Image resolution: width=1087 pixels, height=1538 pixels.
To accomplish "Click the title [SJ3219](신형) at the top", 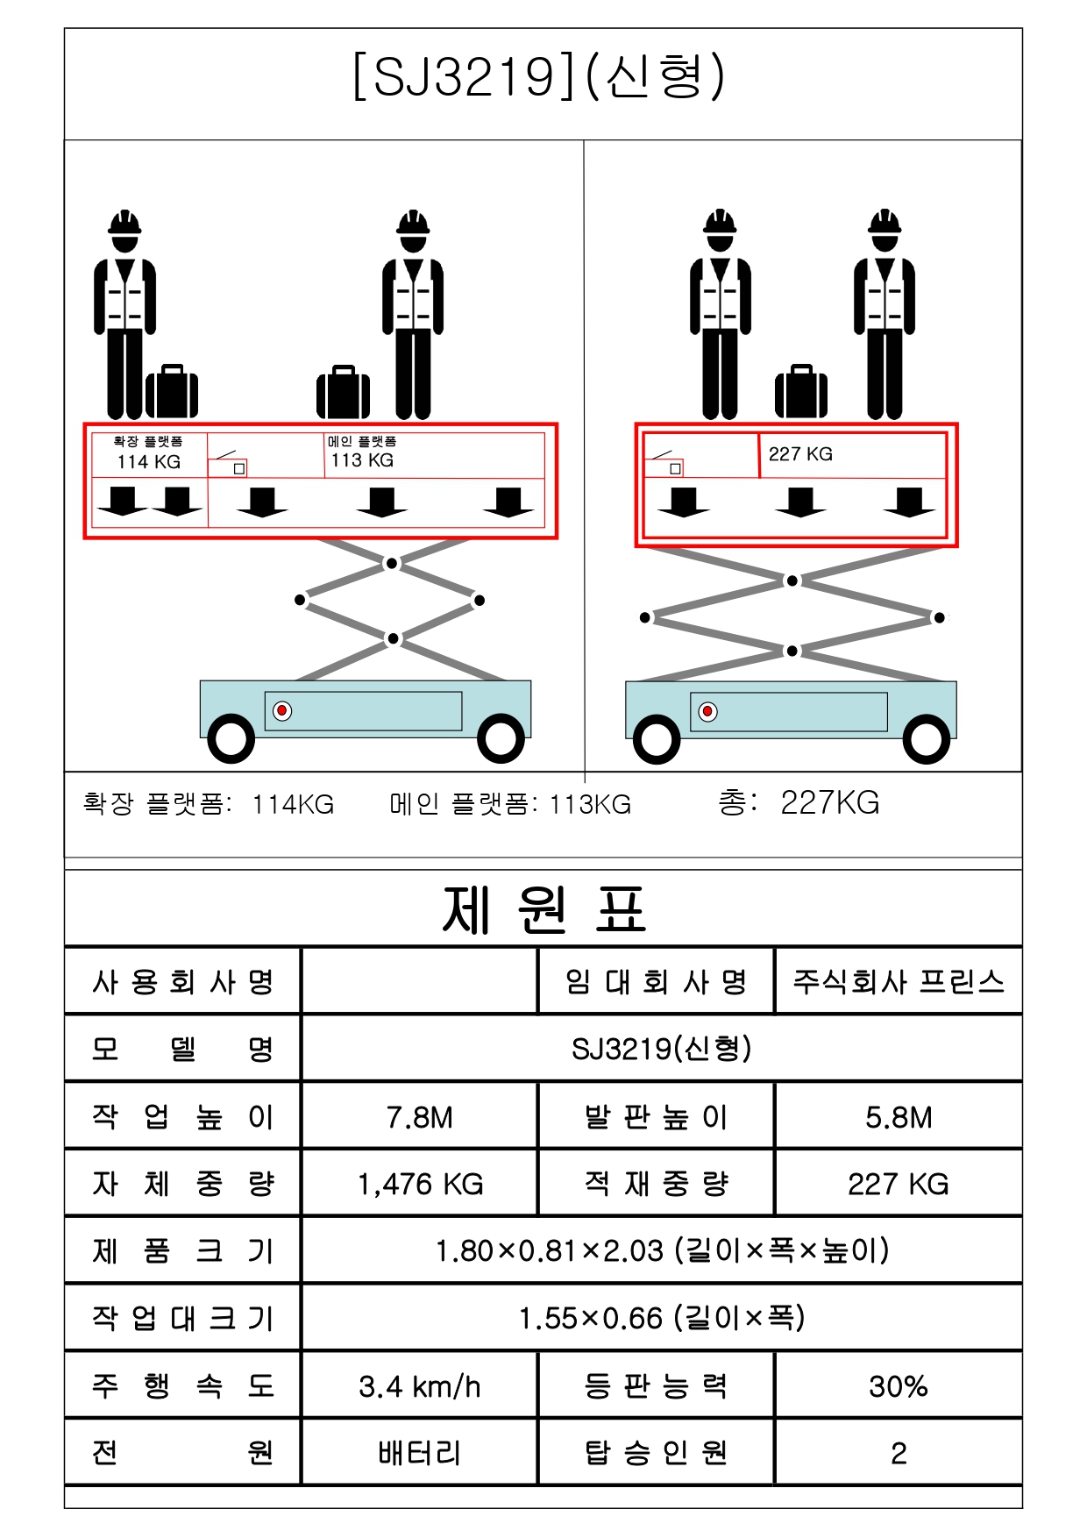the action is coord(538,76).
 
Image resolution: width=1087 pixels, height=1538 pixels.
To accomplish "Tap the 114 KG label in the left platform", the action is coord(149,462).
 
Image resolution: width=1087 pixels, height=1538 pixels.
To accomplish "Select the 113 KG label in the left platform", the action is coord(362,460).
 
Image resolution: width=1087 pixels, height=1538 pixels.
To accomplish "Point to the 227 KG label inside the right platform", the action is coord(800,454).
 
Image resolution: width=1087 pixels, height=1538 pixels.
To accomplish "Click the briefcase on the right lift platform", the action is coord(801,392).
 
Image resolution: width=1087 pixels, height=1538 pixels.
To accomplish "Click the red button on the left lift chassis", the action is coord(282,710).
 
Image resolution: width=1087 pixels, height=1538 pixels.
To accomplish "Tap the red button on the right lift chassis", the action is coord(707,712).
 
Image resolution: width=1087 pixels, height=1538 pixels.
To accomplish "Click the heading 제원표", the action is coord(543,909).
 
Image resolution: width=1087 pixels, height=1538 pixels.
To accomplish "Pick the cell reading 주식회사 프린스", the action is coord(899,981).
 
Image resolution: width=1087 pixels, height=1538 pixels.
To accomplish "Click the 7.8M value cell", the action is coord(420,1117).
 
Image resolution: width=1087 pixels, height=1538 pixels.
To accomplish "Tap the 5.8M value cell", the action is coord(899,1117).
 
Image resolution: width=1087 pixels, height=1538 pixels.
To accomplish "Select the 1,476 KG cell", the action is coord(420,1185).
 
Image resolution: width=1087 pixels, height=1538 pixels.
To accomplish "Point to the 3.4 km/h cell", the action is coord(420,1386).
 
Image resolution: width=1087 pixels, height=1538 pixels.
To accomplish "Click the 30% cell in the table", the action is coord(899,1386).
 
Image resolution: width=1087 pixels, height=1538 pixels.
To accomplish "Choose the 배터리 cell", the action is coord(420,1453).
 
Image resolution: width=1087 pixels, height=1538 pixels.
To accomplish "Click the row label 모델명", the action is coord(183,1049).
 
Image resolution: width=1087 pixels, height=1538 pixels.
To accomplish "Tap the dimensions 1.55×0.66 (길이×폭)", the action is coord(662,1318).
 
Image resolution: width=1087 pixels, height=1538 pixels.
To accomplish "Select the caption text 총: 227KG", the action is coord(799,802).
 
